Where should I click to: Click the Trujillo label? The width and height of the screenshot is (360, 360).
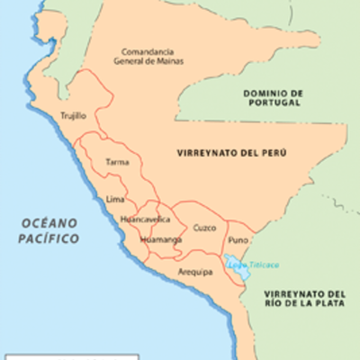pyautogui.click(x=72, y=116)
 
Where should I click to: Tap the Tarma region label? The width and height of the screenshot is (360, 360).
pyautogui.click(x=117, y=162)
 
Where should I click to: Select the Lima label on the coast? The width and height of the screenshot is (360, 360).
pyautogui.click(x=114, y=198)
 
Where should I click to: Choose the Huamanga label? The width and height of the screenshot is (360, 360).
pyautogui.click(x=160, y=239)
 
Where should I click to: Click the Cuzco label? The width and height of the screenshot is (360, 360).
pyautogui.click(x=204, y=228)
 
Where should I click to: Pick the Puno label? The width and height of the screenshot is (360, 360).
pyautogui.click(x=238, y=240)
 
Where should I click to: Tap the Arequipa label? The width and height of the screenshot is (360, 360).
pyautogui.click(x=194, y=271)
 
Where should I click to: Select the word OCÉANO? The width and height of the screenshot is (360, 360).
pyautogui.click(x=51, y=222)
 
